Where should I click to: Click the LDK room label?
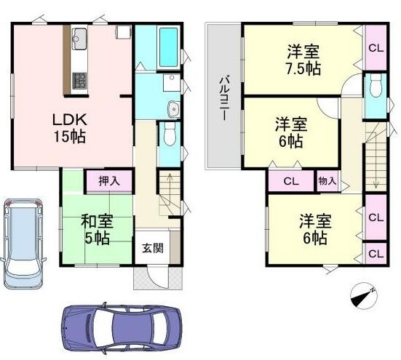pyautogui.click(x=70, y=119)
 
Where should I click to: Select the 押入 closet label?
pyautogui.click(x=109, y=181)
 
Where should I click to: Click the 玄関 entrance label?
pyautogui.click(x=153, y=248)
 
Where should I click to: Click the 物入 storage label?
pyautogui.click(x=327, y=181)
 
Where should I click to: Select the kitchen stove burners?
pyautogui.click(x=79, y=81)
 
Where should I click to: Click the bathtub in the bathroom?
pyautogui.click(x=169, y=47)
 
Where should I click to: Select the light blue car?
pyautogui.click(x=23, y=244)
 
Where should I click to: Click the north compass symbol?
pyautogui.click(x=363, y=295)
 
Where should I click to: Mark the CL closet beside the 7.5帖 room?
pyautogui.click(x=376, y=48)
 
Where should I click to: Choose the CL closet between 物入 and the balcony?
pyautogui.click(x=291, y=181)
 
